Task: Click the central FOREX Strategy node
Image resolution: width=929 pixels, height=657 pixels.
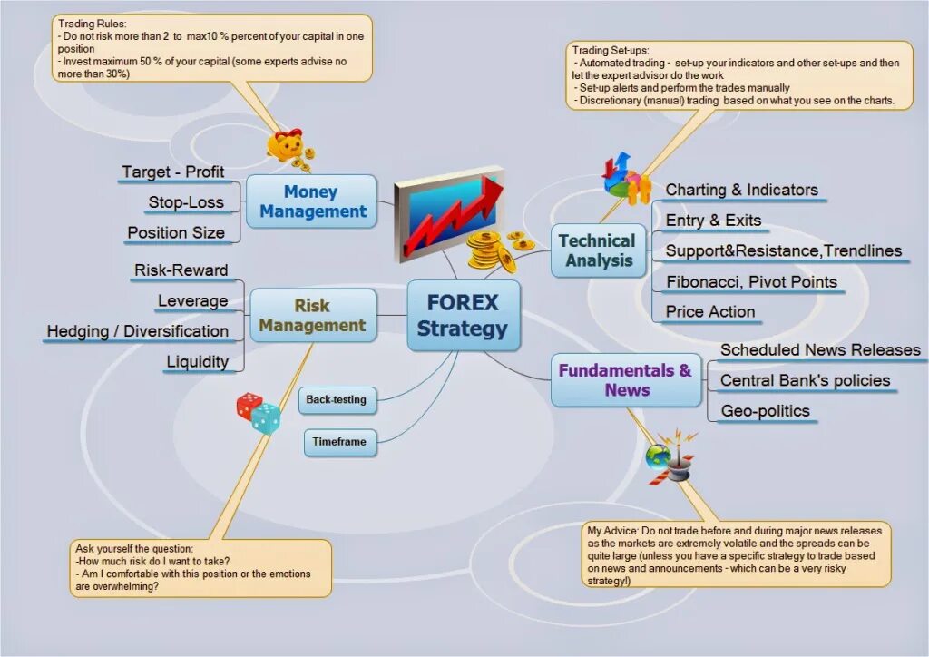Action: (x=463, y=315)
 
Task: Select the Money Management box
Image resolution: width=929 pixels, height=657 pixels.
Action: (x=311, y=201)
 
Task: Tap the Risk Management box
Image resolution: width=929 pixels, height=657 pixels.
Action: (x=312, y=315)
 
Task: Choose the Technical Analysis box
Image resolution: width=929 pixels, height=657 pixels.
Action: (x=598, y=250)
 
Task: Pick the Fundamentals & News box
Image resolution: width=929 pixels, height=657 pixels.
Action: (x=626, y=380)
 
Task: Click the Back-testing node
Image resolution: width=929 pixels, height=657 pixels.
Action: (x=337, y=399)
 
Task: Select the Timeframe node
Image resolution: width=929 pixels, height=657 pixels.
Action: (x=339, y=442)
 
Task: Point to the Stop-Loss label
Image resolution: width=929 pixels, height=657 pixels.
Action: (x=186, y=201)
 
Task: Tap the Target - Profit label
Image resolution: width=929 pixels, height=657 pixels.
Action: (x=172, y=172)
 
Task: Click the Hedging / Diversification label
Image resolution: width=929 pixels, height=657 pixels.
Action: (x=138, y=331)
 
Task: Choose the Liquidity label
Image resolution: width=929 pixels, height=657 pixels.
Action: (x=197, y=361)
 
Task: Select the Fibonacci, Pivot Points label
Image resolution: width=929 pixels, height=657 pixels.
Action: (x=751, y=281)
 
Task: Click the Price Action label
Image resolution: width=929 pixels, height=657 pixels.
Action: (x=709, y=311)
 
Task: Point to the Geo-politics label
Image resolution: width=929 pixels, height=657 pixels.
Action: (x=765, y=410)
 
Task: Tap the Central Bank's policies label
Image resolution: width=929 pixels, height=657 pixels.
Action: (x=805, y=380)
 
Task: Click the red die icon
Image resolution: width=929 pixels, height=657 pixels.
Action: (x=249, y=406)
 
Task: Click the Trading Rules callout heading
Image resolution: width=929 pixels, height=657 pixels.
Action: (x=93, y=23)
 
